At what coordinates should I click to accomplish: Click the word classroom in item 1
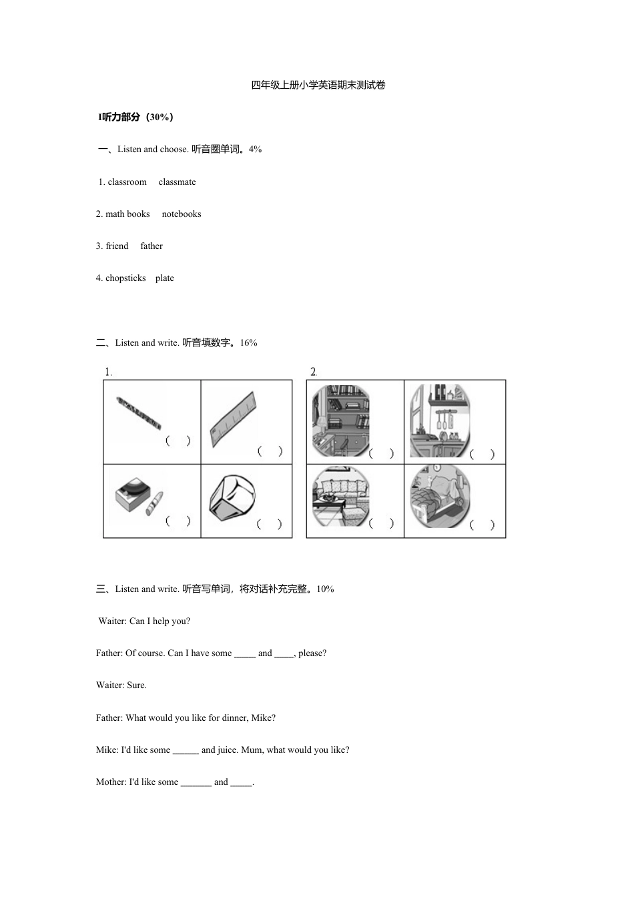pyautogui.click(x=127, y=182)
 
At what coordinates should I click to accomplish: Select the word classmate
pyautogui.click(x=177, y=182)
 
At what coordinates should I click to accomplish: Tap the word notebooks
pyautogui.click(x=181, y=214)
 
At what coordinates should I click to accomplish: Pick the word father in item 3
pyautogui.click(x=151, y=246)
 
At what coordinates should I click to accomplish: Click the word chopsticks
pyautogui.click(x=125, y=278)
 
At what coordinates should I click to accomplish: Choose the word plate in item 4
pyautogui.click(x=164, y=278)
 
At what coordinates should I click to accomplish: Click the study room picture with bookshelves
pyautogui.click(x=340, y=421)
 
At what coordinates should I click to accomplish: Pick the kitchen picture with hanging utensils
pyautogui.click(x=439, y=421)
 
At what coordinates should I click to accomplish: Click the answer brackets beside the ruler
pyautogui.click(x=270, y=452)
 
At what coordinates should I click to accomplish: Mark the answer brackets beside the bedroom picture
pyautogui.click(x=482, y=525)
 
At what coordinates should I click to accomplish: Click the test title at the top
pyautogui.click(x=318, y=85)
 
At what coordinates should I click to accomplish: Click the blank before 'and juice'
pyautogui.click(x=186, y=750)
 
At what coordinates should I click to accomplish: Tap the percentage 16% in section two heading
pyautogui.click(x=248, y=343)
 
